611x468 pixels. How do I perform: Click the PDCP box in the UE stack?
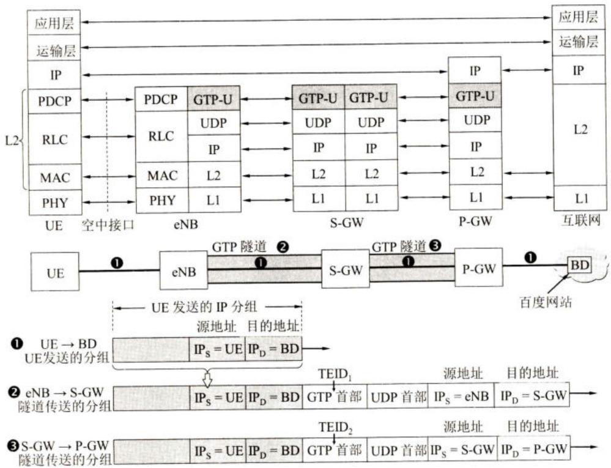tap(54, 101)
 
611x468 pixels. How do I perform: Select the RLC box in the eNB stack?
tap(161, 136)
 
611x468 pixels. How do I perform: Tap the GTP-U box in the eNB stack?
tap(213, 99)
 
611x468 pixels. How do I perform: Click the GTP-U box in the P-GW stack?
tap(475, 95)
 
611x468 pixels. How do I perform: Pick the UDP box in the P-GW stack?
tap(475, 120)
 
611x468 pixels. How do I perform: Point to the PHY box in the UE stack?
tap(54, 202)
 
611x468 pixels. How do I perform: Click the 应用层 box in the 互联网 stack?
tap(578, 18)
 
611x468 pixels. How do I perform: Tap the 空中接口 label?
tap(108, 225)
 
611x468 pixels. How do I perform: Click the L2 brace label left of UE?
tap(12, 140)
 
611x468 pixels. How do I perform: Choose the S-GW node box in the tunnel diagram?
tap(346, 269)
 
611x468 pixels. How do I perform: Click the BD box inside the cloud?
tap(579, 266)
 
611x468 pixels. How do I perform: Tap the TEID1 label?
tap(335, 374)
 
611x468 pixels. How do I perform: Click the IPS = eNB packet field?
tap(461, 397)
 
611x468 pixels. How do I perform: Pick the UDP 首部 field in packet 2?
tap(398, 397)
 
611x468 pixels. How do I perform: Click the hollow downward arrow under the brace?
tap(208, 379)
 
